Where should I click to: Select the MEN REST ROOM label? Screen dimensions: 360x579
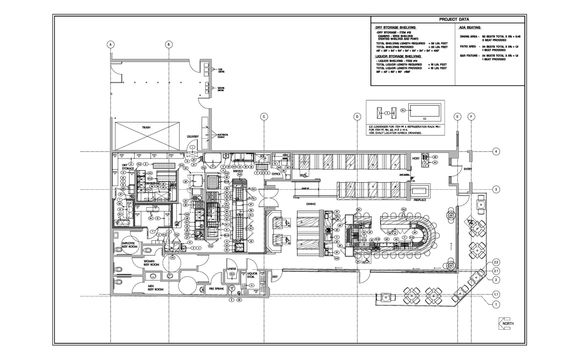pos(157,288)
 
